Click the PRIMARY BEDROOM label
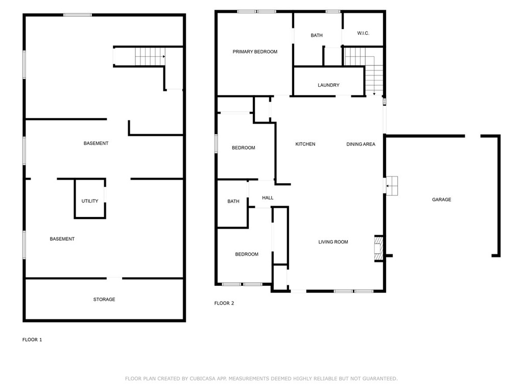[255, 52]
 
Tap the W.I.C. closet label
[363, 33]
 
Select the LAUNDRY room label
[328, 85]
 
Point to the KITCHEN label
[305, 144]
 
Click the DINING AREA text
[361, 144]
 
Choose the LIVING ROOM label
[333, 242]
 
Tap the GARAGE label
[441, 200]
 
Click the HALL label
[268, 198]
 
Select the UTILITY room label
[90, 201]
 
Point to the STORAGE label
[104, 299]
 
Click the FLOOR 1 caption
[32, 339]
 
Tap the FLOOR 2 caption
[224, 303]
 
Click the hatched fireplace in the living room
[378, 249]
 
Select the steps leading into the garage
[392, 186]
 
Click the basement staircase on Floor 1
[150, 57]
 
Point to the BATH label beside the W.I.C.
[317, 35]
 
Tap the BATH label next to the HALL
[233, 201]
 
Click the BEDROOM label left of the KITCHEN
[244, 148]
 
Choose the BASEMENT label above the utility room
[96, 143]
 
